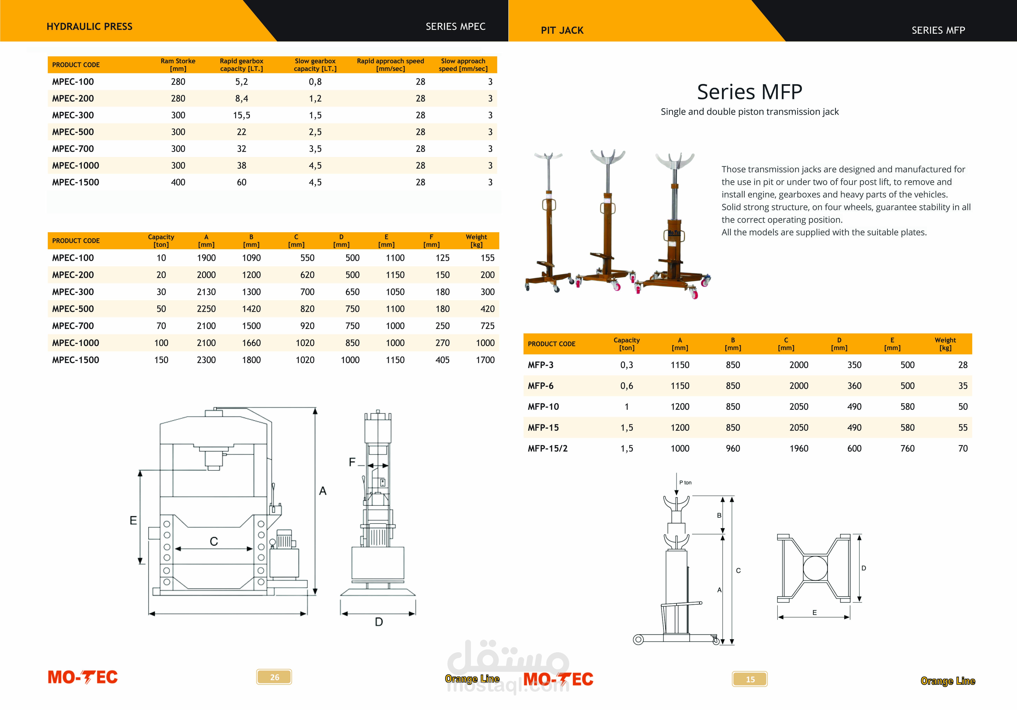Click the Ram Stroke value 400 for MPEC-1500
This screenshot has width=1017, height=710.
(x=178, y=182)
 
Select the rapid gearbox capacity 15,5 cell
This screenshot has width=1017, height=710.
(x=241, y=115)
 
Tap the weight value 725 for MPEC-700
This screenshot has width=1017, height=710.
(x=487, y=326)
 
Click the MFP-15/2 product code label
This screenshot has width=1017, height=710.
(x=548, y=449)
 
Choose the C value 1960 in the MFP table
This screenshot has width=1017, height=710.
(x=799, y=449)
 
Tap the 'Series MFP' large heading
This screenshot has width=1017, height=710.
(x=749, y=92)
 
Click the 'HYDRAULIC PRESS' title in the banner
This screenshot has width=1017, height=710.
(x=89, y=27)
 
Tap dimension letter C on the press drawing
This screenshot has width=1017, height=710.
(x=214, y=541)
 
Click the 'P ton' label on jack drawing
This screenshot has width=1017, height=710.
(x=685, y=483)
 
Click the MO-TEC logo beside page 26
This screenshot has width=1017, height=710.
(x=83, y=677)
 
